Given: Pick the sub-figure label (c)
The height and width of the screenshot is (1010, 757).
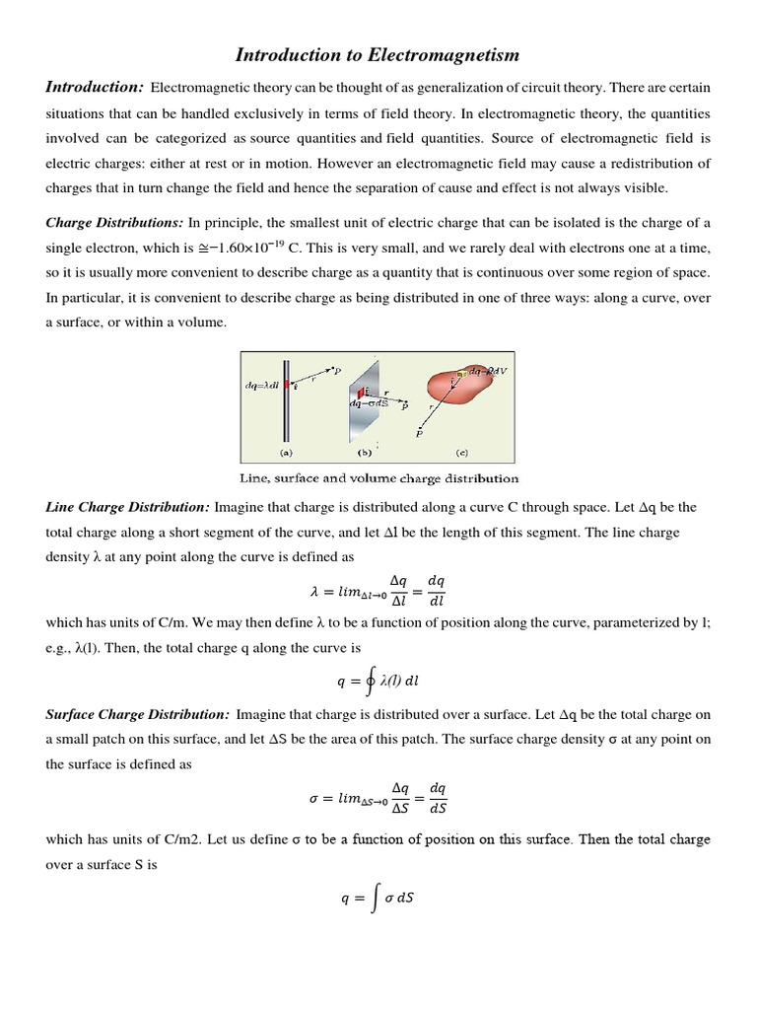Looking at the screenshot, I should tap(461, 453).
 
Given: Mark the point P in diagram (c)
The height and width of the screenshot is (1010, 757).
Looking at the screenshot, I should tap(421, 432).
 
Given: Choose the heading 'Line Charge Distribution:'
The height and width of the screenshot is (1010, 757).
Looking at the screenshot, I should tap(127, 507).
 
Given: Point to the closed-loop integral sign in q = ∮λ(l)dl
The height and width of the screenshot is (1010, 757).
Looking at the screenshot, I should tap(369, 680).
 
